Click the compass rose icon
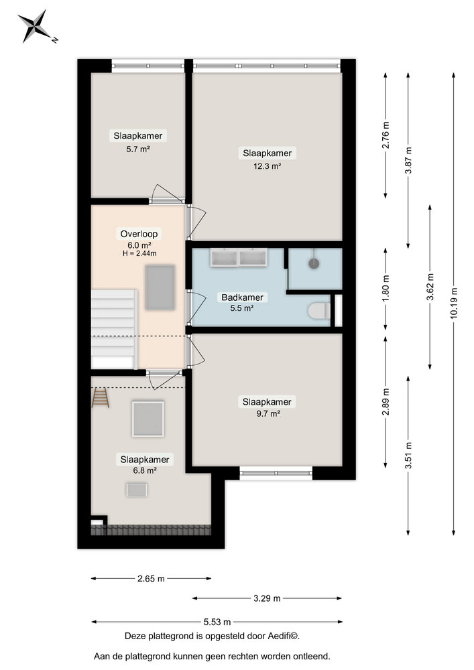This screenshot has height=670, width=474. tap(34, 26)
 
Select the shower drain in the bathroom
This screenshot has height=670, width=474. tap(313, 264)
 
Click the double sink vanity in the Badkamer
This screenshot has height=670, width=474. tap(237, 257)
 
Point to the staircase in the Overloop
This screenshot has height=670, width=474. tap(114, 328)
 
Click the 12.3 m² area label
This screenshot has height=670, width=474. tap(268, 165)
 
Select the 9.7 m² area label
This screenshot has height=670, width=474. tap(268, 414)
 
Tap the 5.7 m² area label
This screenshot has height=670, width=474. tap(137, 149)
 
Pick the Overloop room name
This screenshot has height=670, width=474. tap(139, 234)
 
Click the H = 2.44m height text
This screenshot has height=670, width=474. tap(139, 253)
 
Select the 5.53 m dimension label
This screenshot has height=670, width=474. tap(217, 621)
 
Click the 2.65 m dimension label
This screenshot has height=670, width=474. tap(151, 579)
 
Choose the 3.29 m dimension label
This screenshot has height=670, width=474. tap(267, 598)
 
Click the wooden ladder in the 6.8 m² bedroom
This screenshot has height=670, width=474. tap(100, 398)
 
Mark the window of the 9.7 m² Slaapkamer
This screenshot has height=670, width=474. tap(276, 474)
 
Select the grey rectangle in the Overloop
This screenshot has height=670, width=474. tap(160, 287)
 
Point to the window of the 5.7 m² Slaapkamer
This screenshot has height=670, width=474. tap(147, 66)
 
